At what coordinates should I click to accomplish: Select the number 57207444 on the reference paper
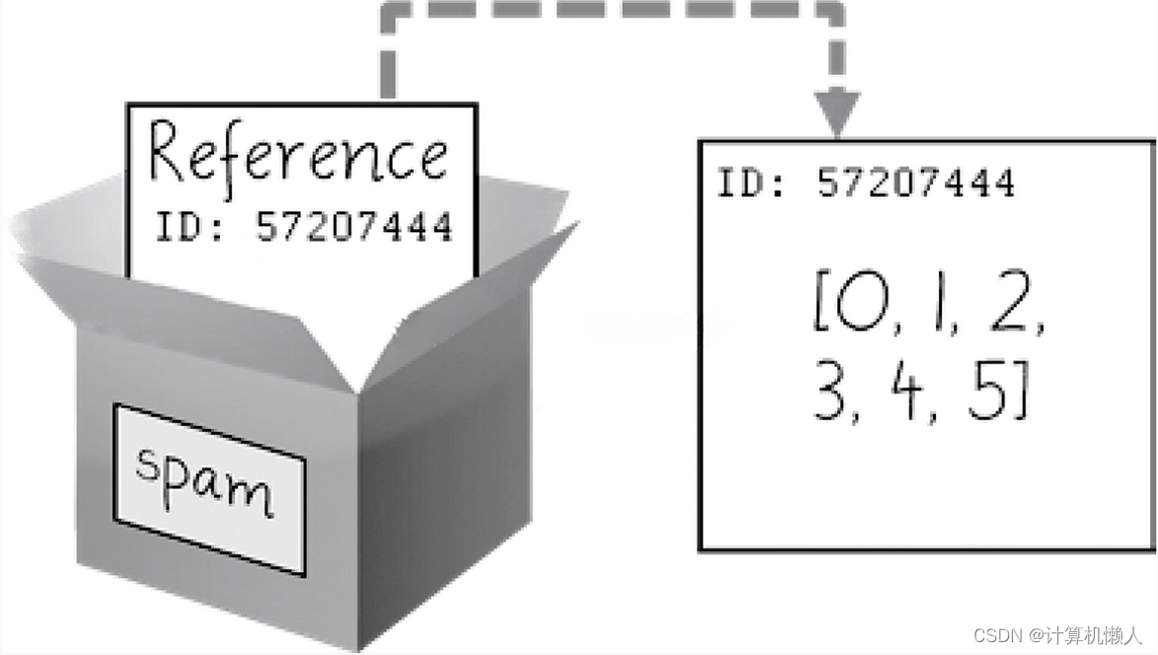[354, 227]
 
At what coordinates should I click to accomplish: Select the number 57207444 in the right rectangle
[916, 183]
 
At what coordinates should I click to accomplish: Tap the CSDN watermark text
[1056, 635]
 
